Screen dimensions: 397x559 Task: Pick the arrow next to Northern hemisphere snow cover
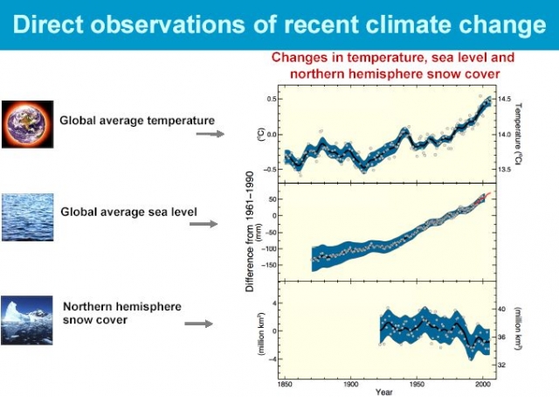(x=199, y=324)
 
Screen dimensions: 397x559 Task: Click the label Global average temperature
(x=136, y=120)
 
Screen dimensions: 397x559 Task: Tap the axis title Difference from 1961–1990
(x=252, y=231)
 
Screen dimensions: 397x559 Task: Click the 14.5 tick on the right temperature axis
(x=506, y=99)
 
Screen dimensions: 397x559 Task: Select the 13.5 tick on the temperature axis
(x=506, y=169)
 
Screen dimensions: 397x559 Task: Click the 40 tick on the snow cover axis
(x=501, y=310)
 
